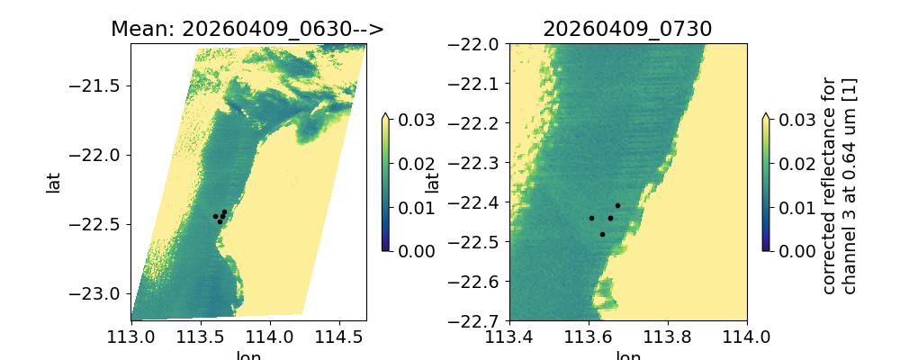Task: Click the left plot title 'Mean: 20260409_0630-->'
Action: pyautogui.click(x=247, y=29)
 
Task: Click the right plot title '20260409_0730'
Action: pyautogui.click(x=627, y=29)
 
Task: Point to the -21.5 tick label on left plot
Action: pyautogui.click(x=101, y=86)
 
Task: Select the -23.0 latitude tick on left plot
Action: pyautogui.click(x=101, y=293)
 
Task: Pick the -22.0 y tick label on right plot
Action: pyautogui.click(x=479, y=45)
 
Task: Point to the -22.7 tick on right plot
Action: pyautogui.click(x=479, y=320)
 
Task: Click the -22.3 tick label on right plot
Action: pyautogui.click(x=479, y=163)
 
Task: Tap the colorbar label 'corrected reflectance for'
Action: pyautogui.click(x=829, y=184)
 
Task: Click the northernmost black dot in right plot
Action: pyautogui.click(x=617, y=205)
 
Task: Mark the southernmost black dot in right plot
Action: pyautogui.click(x=602, y=234)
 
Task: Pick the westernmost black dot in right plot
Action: pyautogui.click(x=591, y=218)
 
